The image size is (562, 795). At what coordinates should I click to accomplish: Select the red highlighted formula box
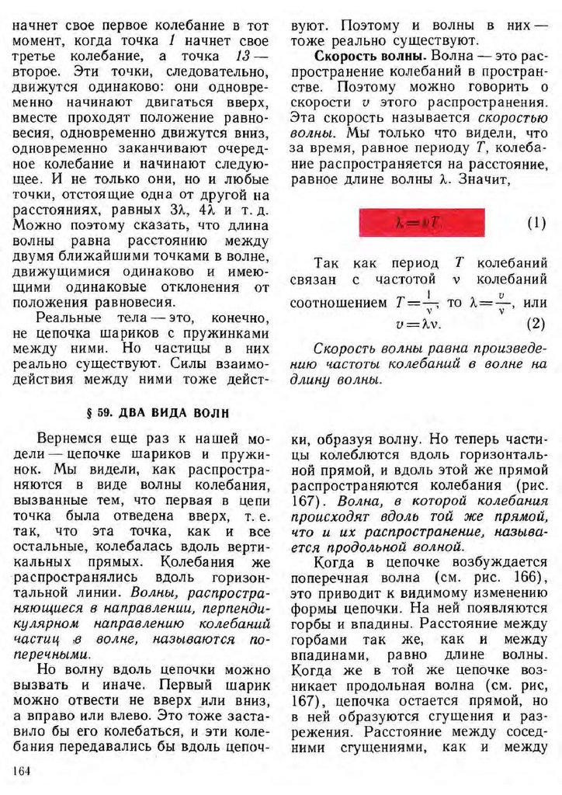(421, 223)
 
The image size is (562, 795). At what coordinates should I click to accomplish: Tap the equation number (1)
(536, 224)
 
